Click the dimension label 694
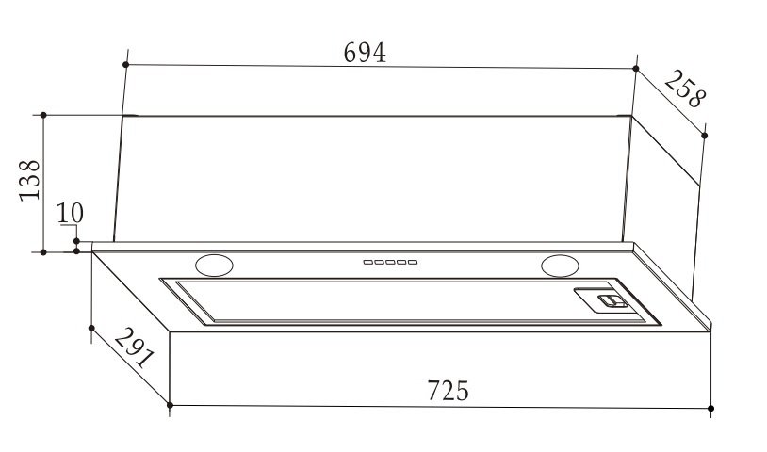pos(365,53)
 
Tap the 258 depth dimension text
pos(685,89)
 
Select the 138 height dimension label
pos(30,180)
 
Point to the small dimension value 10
pos(70,213)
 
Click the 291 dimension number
pos(135,347)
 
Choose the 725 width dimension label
pos(449,391)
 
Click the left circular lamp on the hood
pos(214,266)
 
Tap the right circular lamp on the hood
pos(560,266)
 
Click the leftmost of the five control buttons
pos(367,263)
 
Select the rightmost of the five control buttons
pos(413,263)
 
